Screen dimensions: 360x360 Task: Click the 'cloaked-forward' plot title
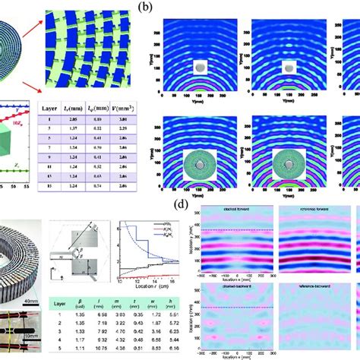pyautogui.click(x=224, y=207)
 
